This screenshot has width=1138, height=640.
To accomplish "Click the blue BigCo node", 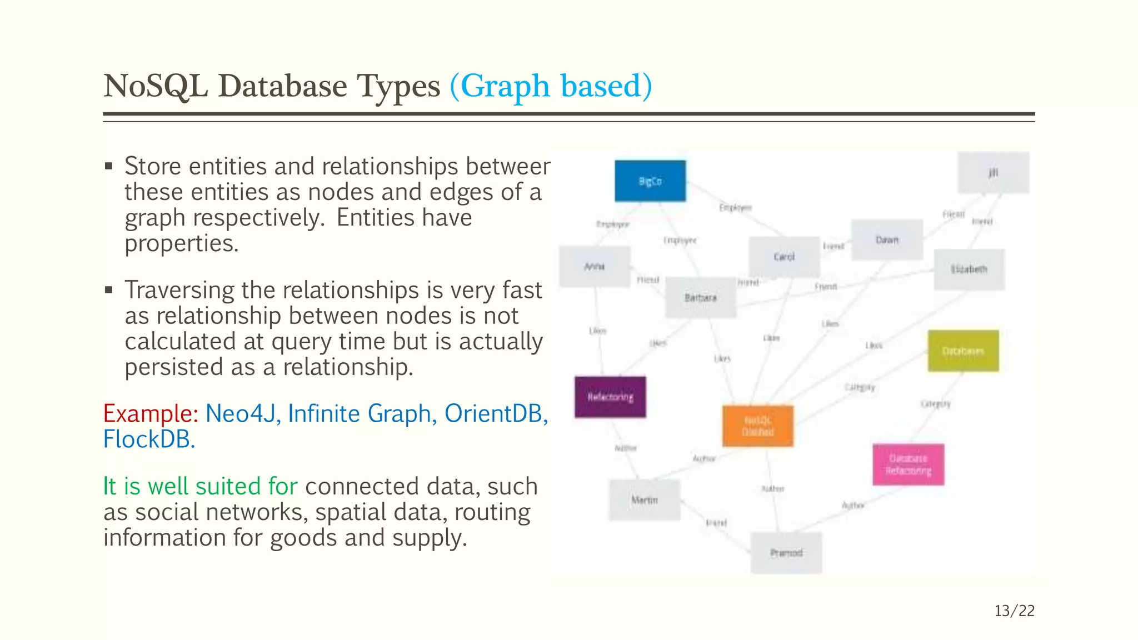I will (650, 181).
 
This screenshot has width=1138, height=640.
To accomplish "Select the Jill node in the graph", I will (994, 173).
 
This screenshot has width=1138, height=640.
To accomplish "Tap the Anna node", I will (595, 267).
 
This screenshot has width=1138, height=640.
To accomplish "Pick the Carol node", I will (784, 257).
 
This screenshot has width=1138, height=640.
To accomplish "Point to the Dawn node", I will (887, 240).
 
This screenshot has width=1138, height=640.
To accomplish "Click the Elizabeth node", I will (969, 269).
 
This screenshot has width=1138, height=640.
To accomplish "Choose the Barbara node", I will (701, 298).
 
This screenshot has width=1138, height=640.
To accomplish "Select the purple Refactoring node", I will (610, 397).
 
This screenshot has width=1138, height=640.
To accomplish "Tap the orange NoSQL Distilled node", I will (758, 426).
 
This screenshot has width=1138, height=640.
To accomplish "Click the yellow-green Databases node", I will (963, 351).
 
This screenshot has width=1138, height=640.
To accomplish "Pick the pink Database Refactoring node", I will (908, 464).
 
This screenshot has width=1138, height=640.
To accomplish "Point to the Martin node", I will (645, 500).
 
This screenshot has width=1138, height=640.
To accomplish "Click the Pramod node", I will (786, 553).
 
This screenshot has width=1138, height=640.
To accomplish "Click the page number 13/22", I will (1014, 611).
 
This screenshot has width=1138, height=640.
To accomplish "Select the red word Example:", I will (151, 414).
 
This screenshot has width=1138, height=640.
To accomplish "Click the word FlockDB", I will (149, 439).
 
